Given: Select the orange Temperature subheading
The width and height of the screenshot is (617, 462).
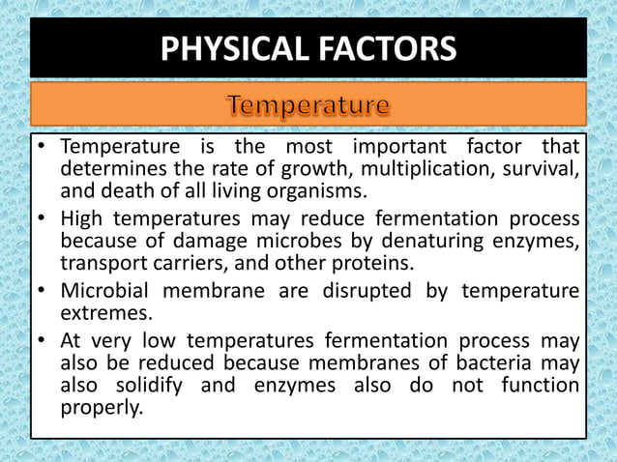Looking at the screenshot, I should pyautogui.click(x=308, y=103).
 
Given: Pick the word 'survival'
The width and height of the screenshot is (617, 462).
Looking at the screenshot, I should pyautogui.click(x=541, y=169).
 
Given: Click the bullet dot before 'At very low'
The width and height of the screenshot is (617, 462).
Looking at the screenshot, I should pyautogui.click(x=42, y=340).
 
